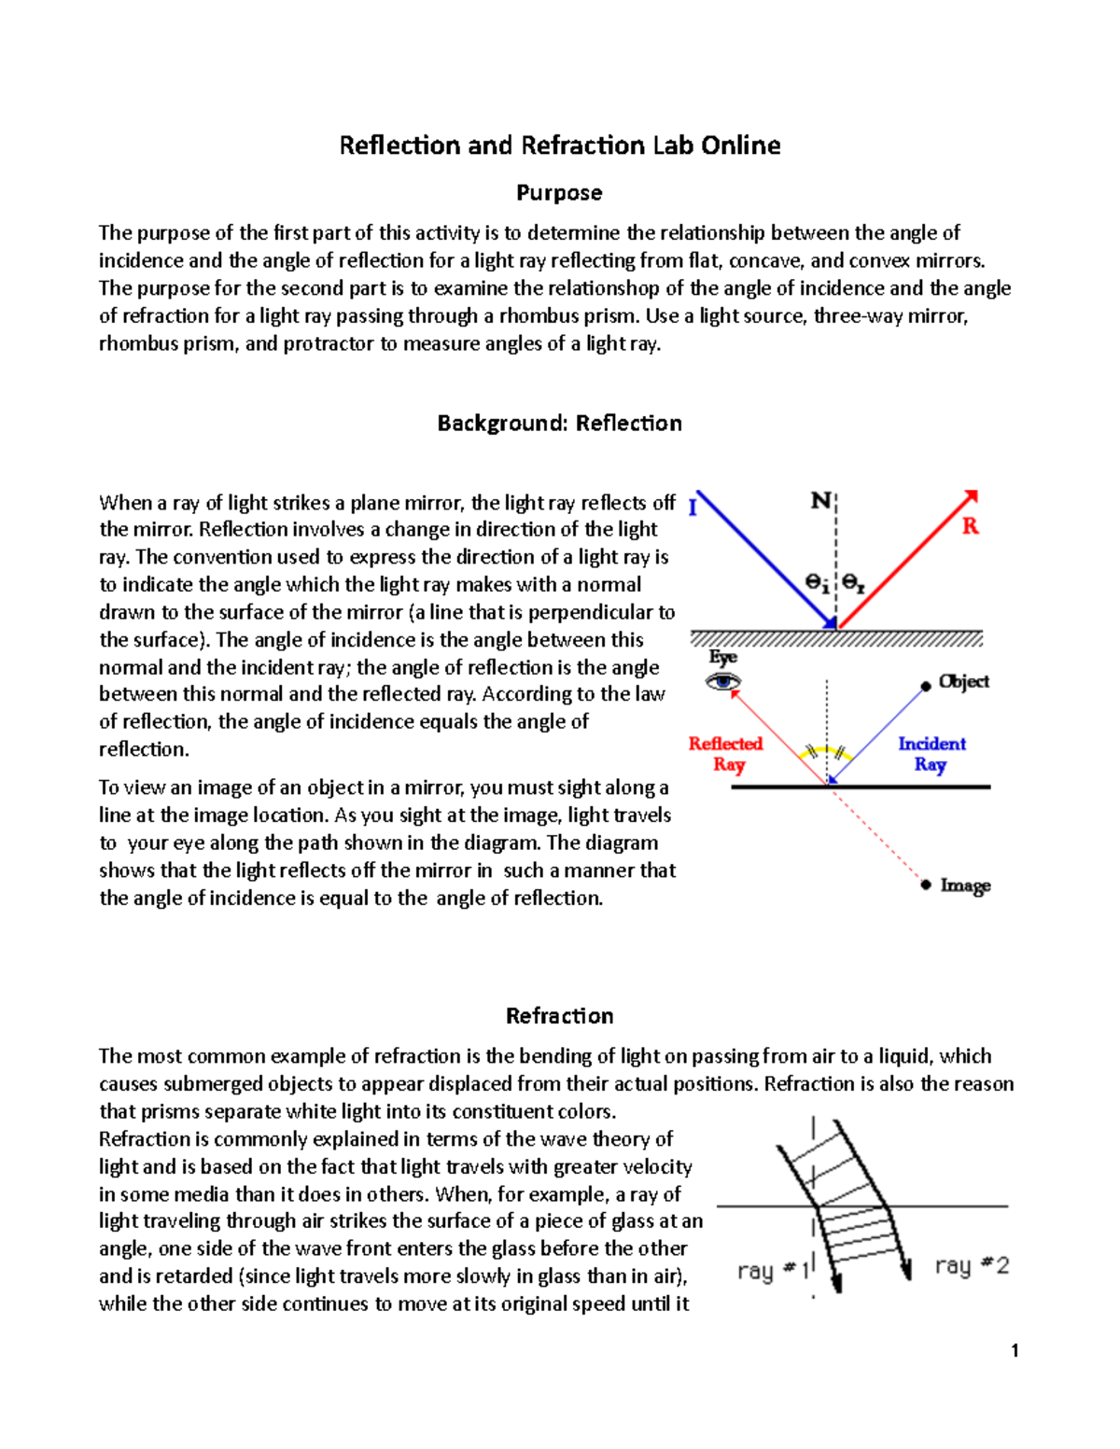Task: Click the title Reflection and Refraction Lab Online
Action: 559,146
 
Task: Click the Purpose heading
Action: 559,193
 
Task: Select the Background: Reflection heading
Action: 559,424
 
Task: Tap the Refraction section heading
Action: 559,1016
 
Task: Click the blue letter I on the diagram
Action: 693,508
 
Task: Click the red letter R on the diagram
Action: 971,526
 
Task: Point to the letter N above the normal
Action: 819,501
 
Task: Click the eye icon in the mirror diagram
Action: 723,682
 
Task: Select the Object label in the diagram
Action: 964,681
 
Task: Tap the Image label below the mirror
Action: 965,885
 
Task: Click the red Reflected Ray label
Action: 726,754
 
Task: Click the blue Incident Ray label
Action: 931,754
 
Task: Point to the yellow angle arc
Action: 827,749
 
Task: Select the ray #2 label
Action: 972,1266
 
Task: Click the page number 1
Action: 1015,1350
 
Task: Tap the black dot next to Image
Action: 926,885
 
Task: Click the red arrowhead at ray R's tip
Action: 972,495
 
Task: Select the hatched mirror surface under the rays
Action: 836,638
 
